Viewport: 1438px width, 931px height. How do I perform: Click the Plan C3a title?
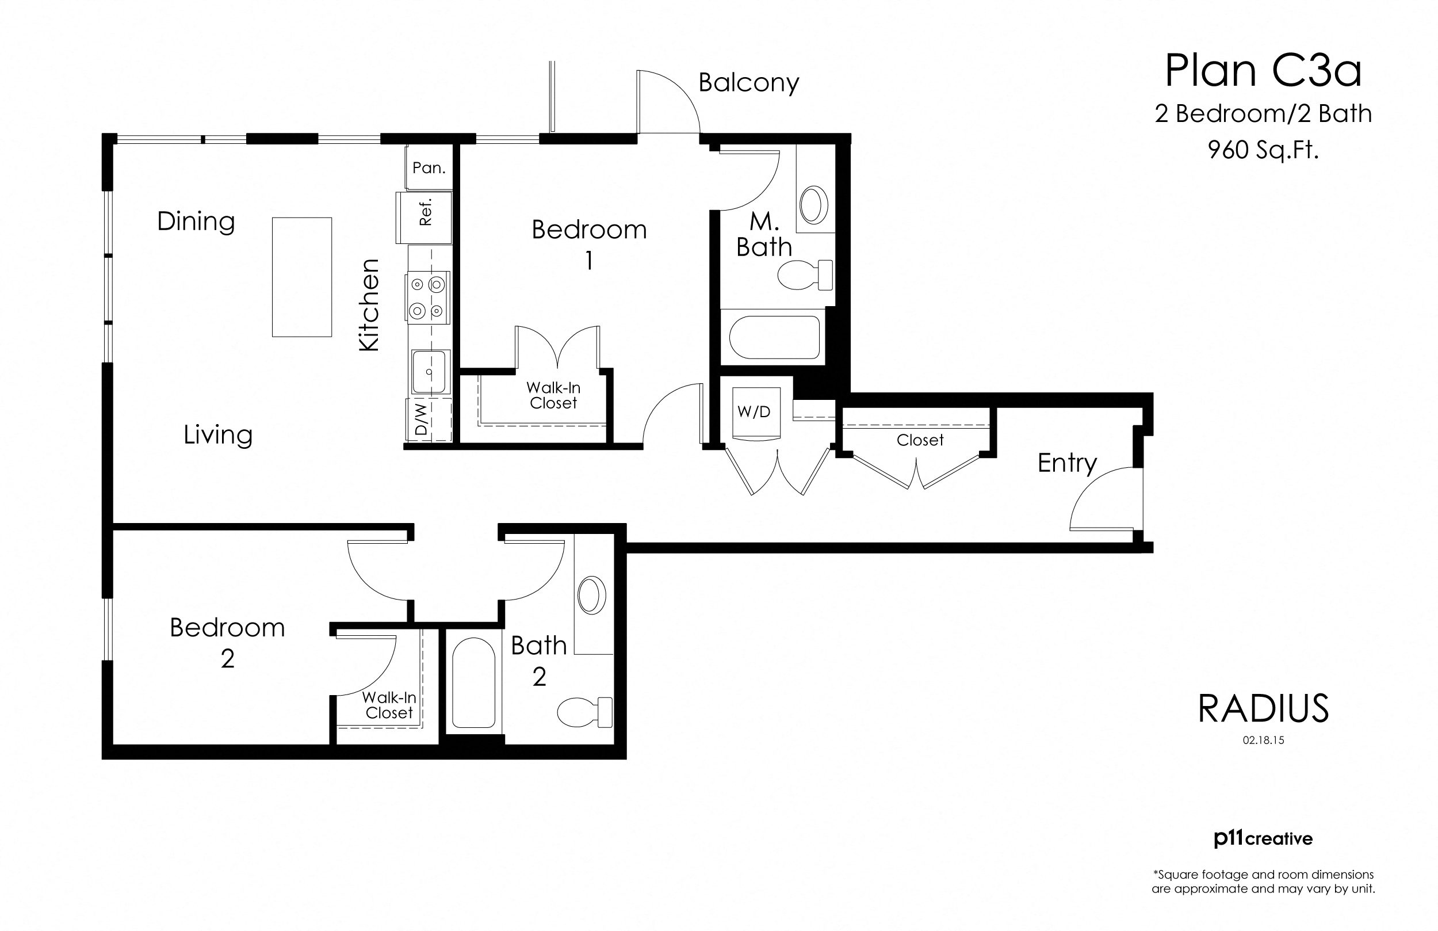[x=1262, y=71]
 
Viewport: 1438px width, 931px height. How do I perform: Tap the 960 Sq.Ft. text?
[x=1262, y=150]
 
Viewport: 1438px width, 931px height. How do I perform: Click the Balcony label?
[x=748, y=83]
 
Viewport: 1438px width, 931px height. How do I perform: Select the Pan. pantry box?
[x=429, y=167]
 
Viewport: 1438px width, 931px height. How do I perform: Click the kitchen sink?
[x=429, y=371]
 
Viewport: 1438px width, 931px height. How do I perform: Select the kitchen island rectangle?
[x=301, y=277]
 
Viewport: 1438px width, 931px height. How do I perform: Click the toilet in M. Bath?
[x=804, y=276]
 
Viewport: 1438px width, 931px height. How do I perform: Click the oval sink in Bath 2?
[x=591, y=596]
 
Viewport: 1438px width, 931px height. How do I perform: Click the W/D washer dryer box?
[x=755, y=413]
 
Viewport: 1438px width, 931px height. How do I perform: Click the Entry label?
[x=1066, y=463]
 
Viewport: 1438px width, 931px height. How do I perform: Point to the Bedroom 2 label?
[x=227, y=642]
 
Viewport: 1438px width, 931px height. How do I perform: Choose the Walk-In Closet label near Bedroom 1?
[x=553, y=395]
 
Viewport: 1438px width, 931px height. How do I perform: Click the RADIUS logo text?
[x=1263, y=708]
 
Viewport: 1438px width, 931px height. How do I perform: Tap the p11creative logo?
[x=1263, y=838]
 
